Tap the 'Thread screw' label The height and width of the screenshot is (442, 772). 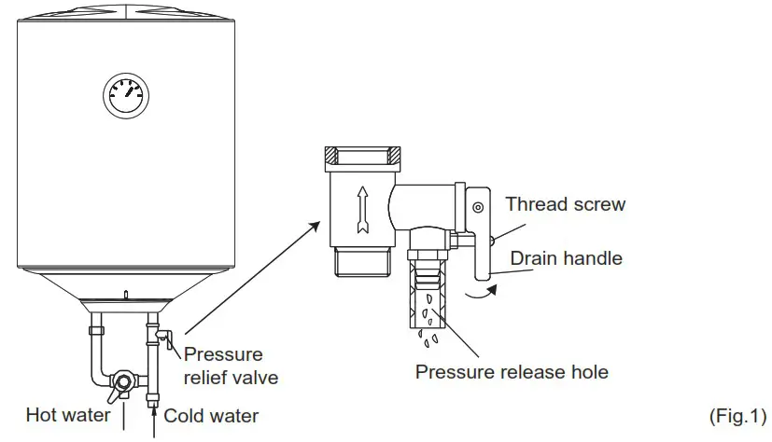[566, 203]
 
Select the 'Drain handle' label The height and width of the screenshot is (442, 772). [566, 258]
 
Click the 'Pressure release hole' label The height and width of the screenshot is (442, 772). [512, 372]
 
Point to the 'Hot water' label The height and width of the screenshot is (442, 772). [68, 415]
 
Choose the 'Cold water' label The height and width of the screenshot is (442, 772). [211, 415]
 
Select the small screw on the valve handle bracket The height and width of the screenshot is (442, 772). [477, 206]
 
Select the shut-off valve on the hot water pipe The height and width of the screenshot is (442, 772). [122, 382]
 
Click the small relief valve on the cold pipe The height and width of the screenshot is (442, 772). [164, 337]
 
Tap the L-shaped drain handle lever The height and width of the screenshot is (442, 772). [481, 252]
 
